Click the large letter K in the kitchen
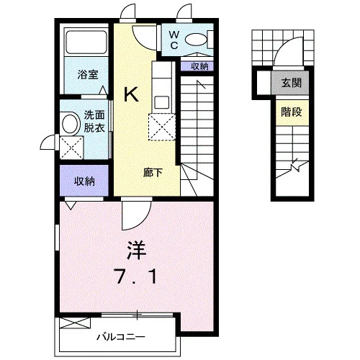click(x=131, y=94)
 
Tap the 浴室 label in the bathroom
click(x=88, y=75)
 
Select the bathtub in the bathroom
click(x=86, y=42)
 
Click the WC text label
click(x=174, y=40)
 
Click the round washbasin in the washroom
click(x=71, y=124)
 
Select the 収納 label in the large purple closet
click(x=84, y=181)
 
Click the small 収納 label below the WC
click(x=199, y=66)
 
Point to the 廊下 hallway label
click(x=153, y=173)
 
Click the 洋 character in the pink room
click(x=136, y=251)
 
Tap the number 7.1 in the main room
click(x=137, y=276)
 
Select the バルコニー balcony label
click(x=121, y=337)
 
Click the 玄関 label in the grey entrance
click(x=291, y=83)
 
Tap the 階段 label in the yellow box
click(x=292, y=112)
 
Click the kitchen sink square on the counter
click(x=162, y=102)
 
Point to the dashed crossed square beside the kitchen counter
click(x=162, y=127)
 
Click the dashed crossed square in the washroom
click(x=72, y=148)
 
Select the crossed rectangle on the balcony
click(x=75, y=323)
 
